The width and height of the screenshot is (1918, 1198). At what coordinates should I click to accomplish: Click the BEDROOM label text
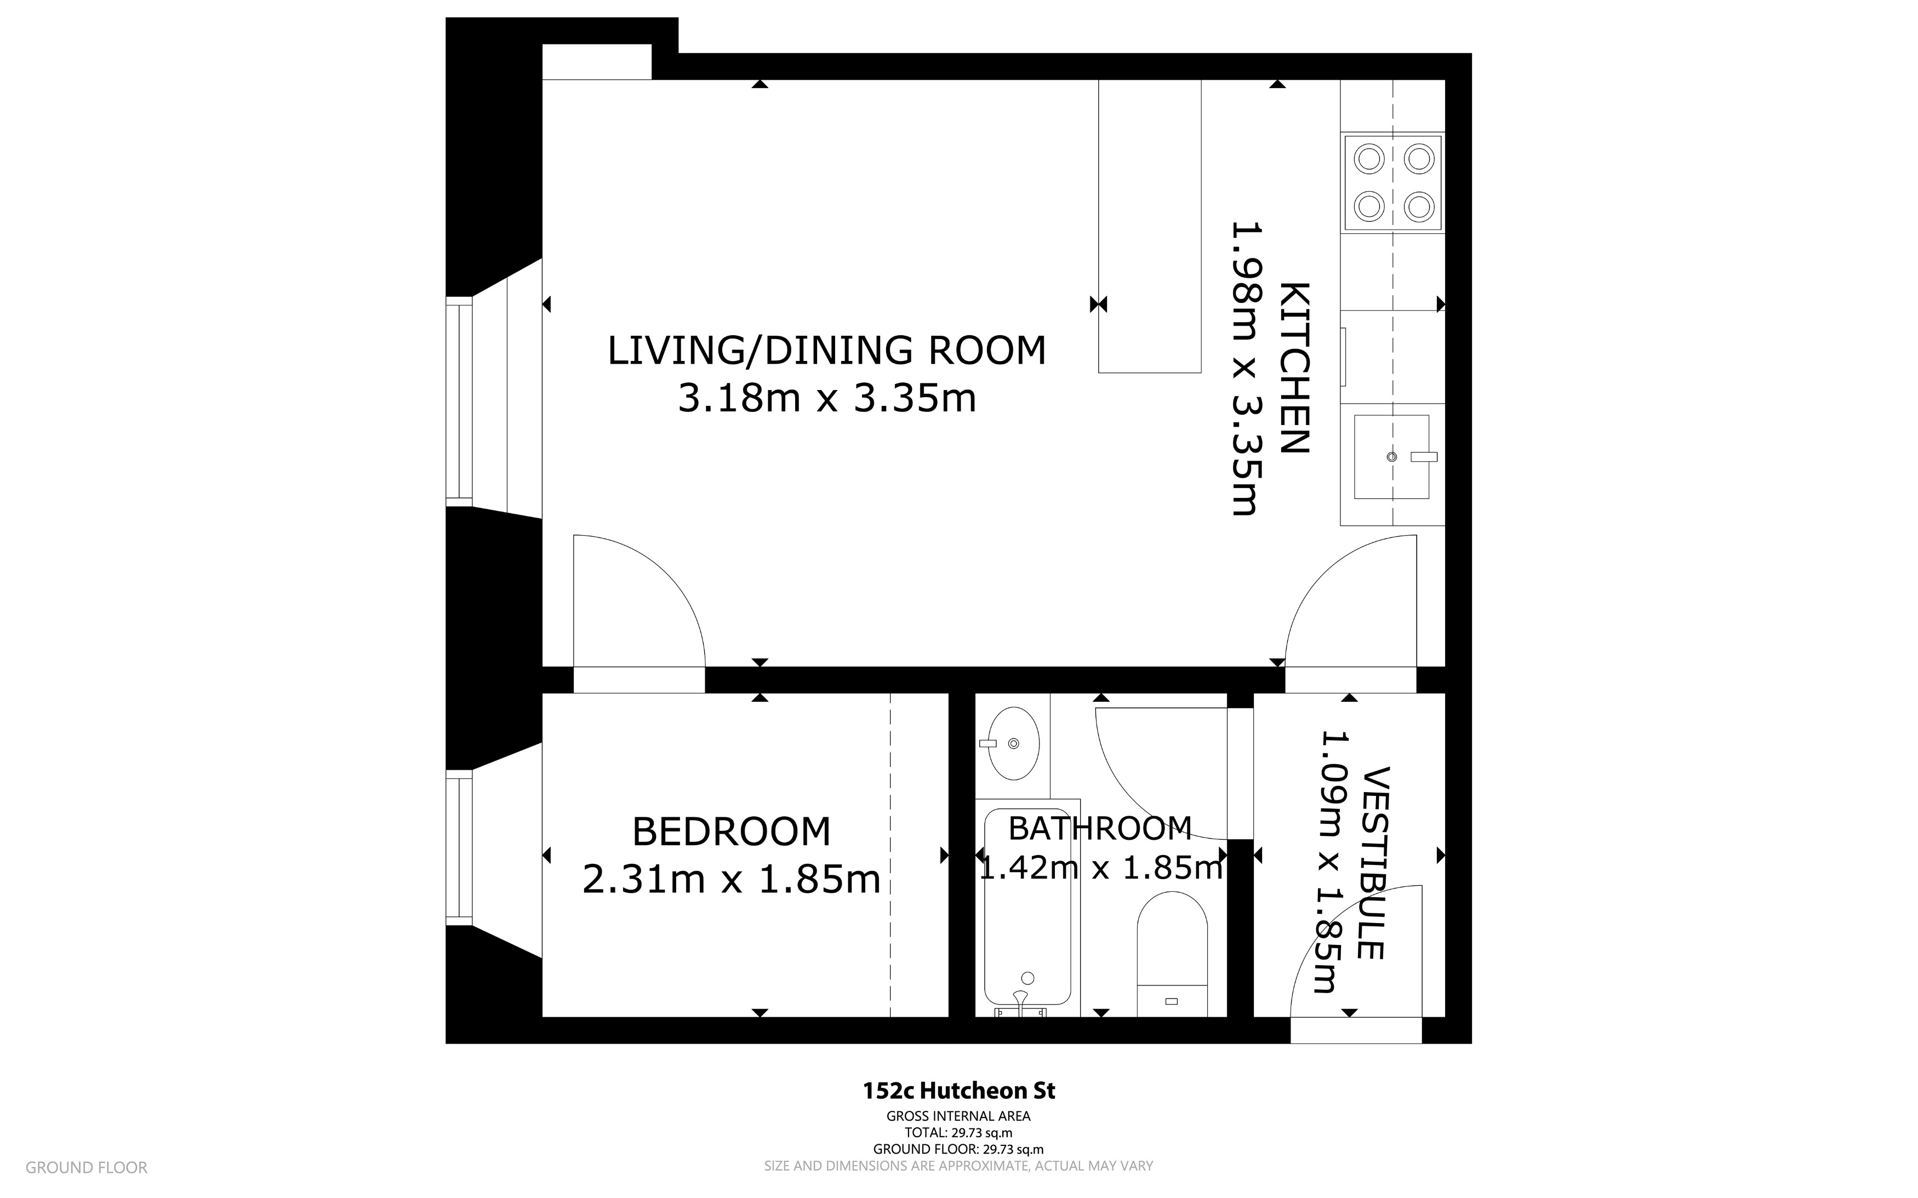pyautogui.click(x=730, y=832)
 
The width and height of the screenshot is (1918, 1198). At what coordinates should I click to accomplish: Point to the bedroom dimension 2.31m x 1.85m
pyautogui.click(x=730, y=880)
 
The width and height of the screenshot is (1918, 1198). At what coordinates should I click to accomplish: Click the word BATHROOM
pyautogui.click(x=1099, y=829)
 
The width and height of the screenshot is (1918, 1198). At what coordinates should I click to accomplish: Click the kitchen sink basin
pyautogui.click(x=1391, y=457)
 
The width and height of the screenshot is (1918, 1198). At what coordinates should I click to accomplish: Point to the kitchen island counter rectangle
pyautogui.click(x=1149, y=226)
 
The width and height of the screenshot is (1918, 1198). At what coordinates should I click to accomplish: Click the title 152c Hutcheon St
pyautogui.click(x=958, y=1091)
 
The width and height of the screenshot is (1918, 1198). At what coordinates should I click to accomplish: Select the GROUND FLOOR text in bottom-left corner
pyautogui.click(x=87, y=1167)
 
